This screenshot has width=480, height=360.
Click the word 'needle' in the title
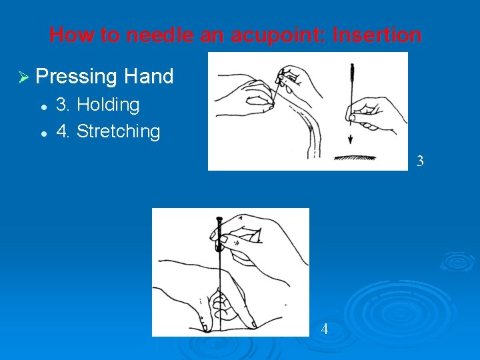160,35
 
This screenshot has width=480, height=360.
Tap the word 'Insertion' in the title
377,35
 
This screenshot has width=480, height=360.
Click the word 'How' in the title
72,35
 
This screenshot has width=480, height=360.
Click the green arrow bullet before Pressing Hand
23,77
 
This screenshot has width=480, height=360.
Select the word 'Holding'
108,105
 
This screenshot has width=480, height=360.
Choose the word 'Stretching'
118,131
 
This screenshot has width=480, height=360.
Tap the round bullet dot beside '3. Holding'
44,107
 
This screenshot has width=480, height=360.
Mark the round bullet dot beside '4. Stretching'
44,134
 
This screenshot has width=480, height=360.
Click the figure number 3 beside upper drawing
420,161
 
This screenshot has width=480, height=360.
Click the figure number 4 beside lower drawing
325,329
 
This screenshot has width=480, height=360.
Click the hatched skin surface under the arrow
355,158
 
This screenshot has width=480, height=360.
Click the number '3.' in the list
63,104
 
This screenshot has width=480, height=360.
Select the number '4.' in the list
63,131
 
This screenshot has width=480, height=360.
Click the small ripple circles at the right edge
458,263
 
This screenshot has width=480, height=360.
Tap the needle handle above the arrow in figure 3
352,74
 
